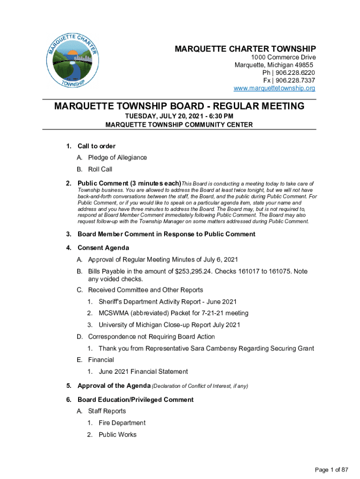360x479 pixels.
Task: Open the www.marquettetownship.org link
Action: (x=274, y=88)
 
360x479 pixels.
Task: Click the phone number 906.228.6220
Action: (x=295, y=73)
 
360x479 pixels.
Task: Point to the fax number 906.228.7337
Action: (x=295, y=80)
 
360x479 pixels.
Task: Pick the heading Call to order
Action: (x=96, y=146)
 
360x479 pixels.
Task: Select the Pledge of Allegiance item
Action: (x=117, y=158)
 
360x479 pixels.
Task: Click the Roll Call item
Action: (x=100, y=169)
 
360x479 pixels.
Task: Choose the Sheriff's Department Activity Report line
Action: (x=167, y=302)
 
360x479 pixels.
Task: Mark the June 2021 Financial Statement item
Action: (x=143, y=372)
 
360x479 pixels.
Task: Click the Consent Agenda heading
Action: (x=103, y=247)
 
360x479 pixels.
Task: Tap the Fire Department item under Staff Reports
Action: (x=122, y=423)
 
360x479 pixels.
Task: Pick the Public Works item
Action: (x=117, y=435)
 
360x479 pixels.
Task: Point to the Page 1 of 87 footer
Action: (x=332, y=469)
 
